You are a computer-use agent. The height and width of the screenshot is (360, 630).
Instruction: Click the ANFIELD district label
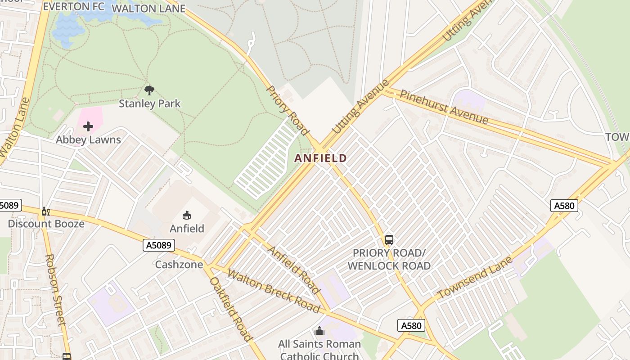pyautogui.click(x=320, y=158)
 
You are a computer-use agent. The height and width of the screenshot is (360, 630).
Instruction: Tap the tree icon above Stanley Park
pyautogui.click(x=149, y=90)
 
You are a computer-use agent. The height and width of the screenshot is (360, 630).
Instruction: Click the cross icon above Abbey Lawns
pyautogui.click(x=88, y=126)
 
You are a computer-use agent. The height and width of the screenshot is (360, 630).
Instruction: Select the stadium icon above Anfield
pyautogui.click(x=187, y=216)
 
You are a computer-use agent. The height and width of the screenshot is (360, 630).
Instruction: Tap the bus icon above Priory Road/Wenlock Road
pyautogui.click(x=389, y=240)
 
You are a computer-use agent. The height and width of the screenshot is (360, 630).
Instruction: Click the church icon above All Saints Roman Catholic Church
pyautogui.click(x=319, y=332)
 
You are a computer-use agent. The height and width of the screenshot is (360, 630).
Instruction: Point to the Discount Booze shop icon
pyautogui.click(x=45, y=211)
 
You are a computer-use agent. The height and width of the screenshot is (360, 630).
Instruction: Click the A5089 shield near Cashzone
pyautogui.click(x=158, y=245)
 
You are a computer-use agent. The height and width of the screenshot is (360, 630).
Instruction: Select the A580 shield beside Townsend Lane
pyautogui.click(x=564, y=206)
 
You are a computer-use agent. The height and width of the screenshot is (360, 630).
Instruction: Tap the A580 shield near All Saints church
pyautogui.click(x=411, y=325)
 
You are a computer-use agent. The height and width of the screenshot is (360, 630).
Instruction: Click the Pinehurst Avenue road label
pyautogui.click(x=444, y=107)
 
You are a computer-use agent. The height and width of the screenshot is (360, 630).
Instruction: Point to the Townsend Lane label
pyautogui.click(x=475, y=277)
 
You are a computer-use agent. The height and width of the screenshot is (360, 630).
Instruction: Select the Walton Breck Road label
pyautogui.click(x=273, y=291)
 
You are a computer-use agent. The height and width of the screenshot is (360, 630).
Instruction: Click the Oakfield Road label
pyautogui.click(x=231, y=309)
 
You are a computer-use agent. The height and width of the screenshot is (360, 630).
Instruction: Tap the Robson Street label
pyautogui.click(x=55, y=290)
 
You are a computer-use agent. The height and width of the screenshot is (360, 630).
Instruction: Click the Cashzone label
pyautogui.click(x=179, y=264)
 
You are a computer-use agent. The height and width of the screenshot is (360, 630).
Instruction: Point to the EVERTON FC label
pyautogui.click(x=74, y=7)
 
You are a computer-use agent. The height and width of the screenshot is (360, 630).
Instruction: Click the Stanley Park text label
pyautogui.click(x=149, y=103)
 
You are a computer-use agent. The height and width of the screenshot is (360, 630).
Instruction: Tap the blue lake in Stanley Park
pyautogui.click(x=67, y=29)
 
